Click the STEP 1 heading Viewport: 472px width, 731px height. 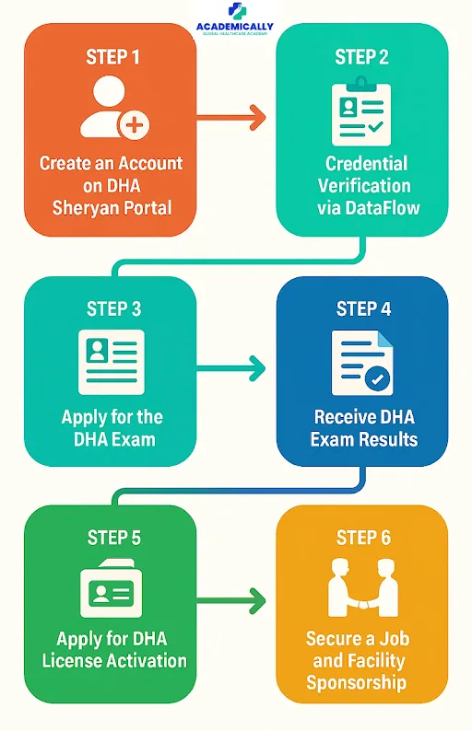pyautogui.click(x=113, y=57)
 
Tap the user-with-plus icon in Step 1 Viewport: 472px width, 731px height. pyautogui.click(x=113, y=110)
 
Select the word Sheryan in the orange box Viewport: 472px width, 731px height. pyautogui.click(x=79, y=207)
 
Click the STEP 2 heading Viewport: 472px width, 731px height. pyautogui.click(x=362, y=57)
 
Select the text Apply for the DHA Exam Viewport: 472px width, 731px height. pyautogui.click(x=112, y=427)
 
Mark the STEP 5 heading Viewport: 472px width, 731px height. pyautogui.click(x=113, y=538)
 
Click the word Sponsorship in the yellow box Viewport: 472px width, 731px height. pyautogui.click(x=358, y=682)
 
